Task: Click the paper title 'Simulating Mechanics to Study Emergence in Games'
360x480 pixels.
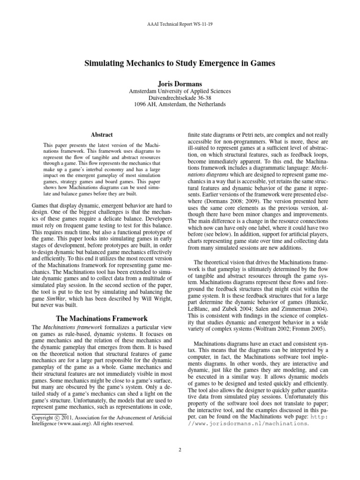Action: pyautogui.click(x=180, y=63)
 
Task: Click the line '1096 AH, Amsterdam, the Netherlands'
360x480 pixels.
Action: pyautogui.click(x=180, y=105)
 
